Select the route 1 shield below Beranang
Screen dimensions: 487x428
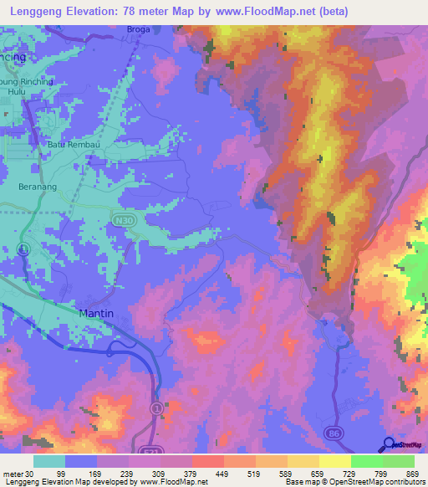point(25,249)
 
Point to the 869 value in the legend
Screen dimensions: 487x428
point(411,473)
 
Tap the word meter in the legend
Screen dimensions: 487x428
point(14,473)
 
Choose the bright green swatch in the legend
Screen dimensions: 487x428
point(367,461)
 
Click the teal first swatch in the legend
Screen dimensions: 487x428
point(49,461)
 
